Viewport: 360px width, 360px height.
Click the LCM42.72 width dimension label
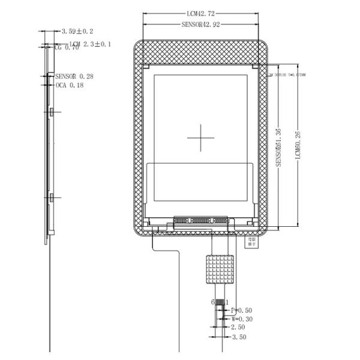point(200,13)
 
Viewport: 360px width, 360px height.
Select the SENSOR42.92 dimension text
point(200,25)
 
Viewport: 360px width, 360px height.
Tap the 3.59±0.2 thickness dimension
point(77,31)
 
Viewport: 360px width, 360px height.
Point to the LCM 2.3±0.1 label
point(90,44)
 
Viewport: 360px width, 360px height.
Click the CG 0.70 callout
point(67,48)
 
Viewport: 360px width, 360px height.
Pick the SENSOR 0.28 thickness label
point(74,76)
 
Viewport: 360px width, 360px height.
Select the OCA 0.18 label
point(70,86)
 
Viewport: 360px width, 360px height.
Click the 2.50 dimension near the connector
point(238,328)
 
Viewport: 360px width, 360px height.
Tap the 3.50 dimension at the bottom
point(239,338)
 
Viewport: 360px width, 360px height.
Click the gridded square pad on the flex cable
point(219,269)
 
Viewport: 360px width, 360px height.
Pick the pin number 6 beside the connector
point(212,302)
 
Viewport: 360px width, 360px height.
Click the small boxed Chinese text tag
point(252,242)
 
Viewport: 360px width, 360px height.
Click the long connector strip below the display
point(200,220)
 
